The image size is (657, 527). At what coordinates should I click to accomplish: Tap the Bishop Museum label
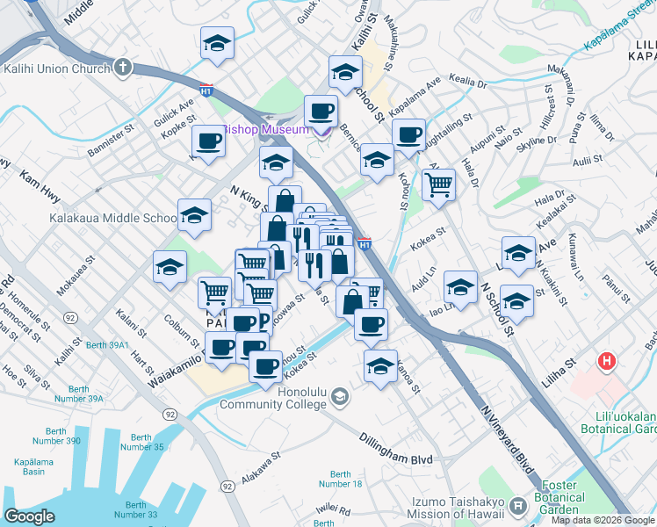pyautogui.click(x=265, y=129)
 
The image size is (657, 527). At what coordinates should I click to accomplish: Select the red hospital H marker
pyautogui.click(x=605, y=361)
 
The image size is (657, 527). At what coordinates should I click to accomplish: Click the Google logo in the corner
pyautogui.click(x=30, y=516)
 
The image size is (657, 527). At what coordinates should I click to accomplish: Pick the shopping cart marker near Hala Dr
pyautogui.click(x=437, y=185)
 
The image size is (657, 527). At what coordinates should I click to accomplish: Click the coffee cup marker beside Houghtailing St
pyautogui.click(x=408, y=135)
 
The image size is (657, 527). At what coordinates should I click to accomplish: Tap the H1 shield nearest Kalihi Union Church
pyautogui.click(x=206, y=90)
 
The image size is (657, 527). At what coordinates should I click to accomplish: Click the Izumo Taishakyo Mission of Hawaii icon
pyautogui.click(x=518, y=507)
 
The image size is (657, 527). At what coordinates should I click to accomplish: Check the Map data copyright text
pyautogui.click(x=602, y=520)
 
